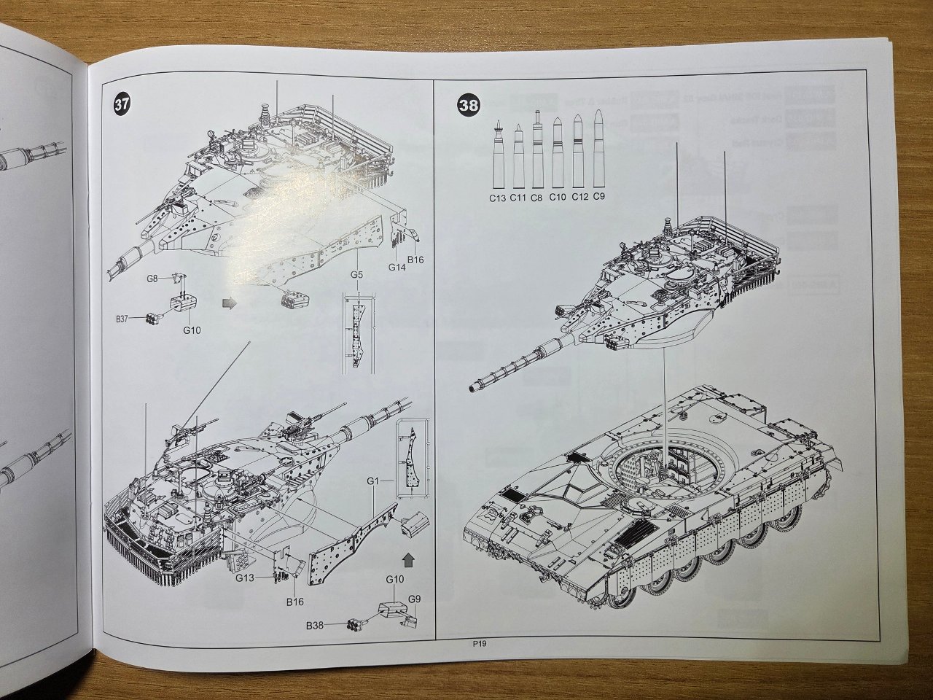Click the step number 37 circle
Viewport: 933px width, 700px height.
122,104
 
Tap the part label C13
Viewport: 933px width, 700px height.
498,197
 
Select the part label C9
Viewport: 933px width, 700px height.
598,196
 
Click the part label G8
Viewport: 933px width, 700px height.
152,279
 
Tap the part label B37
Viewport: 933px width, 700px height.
125,318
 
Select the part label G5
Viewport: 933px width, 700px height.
356,274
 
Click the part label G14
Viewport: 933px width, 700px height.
397,268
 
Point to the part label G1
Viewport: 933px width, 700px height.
373,481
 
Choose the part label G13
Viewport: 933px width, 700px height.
245,577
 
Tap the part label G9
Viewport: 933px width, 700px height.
414,599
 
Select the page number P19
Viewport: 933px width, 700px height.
479,644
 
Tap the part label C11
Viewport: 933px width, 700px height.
518,197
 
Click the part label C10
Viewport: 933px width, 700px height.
558,197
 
